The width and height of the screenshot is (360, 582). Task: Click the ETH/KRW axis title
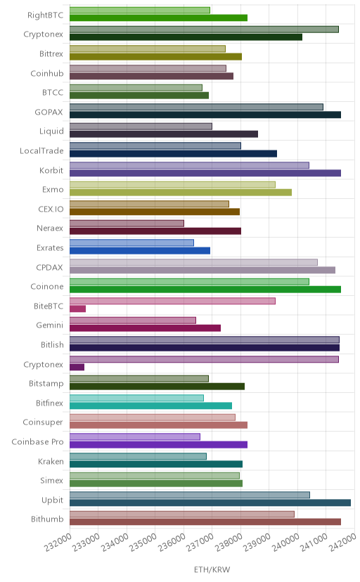[x=212, y=569]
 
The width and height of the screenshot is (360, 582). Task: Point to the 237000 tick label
[x=200, y=542]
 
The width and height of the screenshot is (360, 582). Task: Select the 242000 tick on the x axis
[x=342, y=542]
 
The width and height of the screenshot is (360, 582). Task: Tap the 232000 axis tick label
[x=58, y=542]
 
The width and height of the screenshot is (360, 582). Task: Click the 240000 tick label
[x=285, y=542]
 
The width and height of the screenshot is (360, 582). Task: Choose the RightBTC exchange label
[x=45, y=15]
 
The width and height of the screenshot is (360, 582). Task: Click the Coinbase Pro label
[x=37, y=441]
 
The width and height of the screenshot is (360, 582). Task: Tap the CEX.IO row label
[x=51, y=209]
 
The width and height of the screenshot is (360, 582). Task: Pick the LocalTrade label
[x=41, y=150]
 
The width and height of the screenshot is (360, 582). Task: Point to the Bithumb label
[x=47, y=519]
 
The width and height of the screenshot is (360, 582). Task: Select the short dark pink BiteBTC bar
[x=77, y=309]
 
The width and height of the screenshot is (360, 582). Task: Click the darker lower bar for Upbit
[x=210, y=503]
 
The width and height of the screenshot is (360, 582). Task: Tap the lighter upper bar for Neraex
[x=127, y=223]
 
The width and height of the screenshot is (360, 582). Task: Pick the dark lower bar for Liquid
[x=164, y=134]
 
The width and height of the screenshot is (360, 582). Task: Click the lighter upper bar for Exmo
[x=172, y=184]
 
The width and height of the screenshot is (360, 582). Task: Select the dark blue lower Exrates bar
[x=140, y=250]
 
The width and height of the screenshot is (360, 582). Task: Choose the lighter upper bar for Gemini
[x=133, y=321]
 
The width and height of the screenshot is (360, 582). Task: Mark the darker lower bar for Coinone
[x=205, y=290]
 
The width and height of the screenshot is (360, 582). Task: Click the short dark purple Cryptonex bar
[x=77, y=367]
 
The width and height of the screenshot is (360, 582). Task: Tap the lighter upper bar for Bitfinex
[x=136, y=398]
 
